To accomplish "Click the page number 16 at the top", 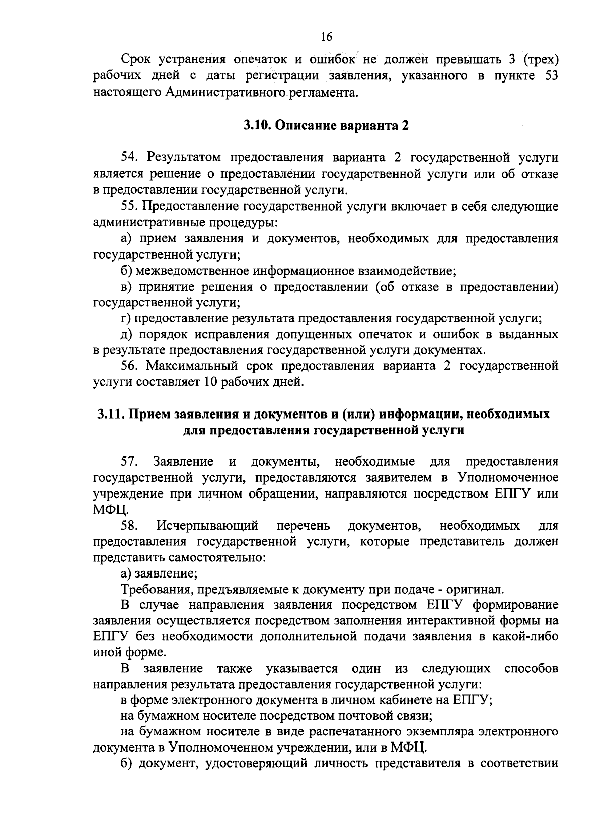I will pyautogui.click(x=326, y=37).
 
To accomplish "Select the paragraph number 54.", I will pyautogui.click(x=130, y=158).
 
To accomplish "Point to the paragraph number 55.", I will pyautogui.click(x=130, y=206).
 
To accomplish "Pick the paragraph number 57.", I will pyautogui.click(x=130, y=462).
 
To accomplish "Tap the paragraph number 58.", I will pyautogui.click(x=130, y=526).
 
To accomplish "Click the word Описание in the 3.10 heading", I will pyautogui.click(x=300, y=126).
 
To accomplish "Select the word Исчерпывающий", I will pyautogui.click(x=207, y=526).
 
